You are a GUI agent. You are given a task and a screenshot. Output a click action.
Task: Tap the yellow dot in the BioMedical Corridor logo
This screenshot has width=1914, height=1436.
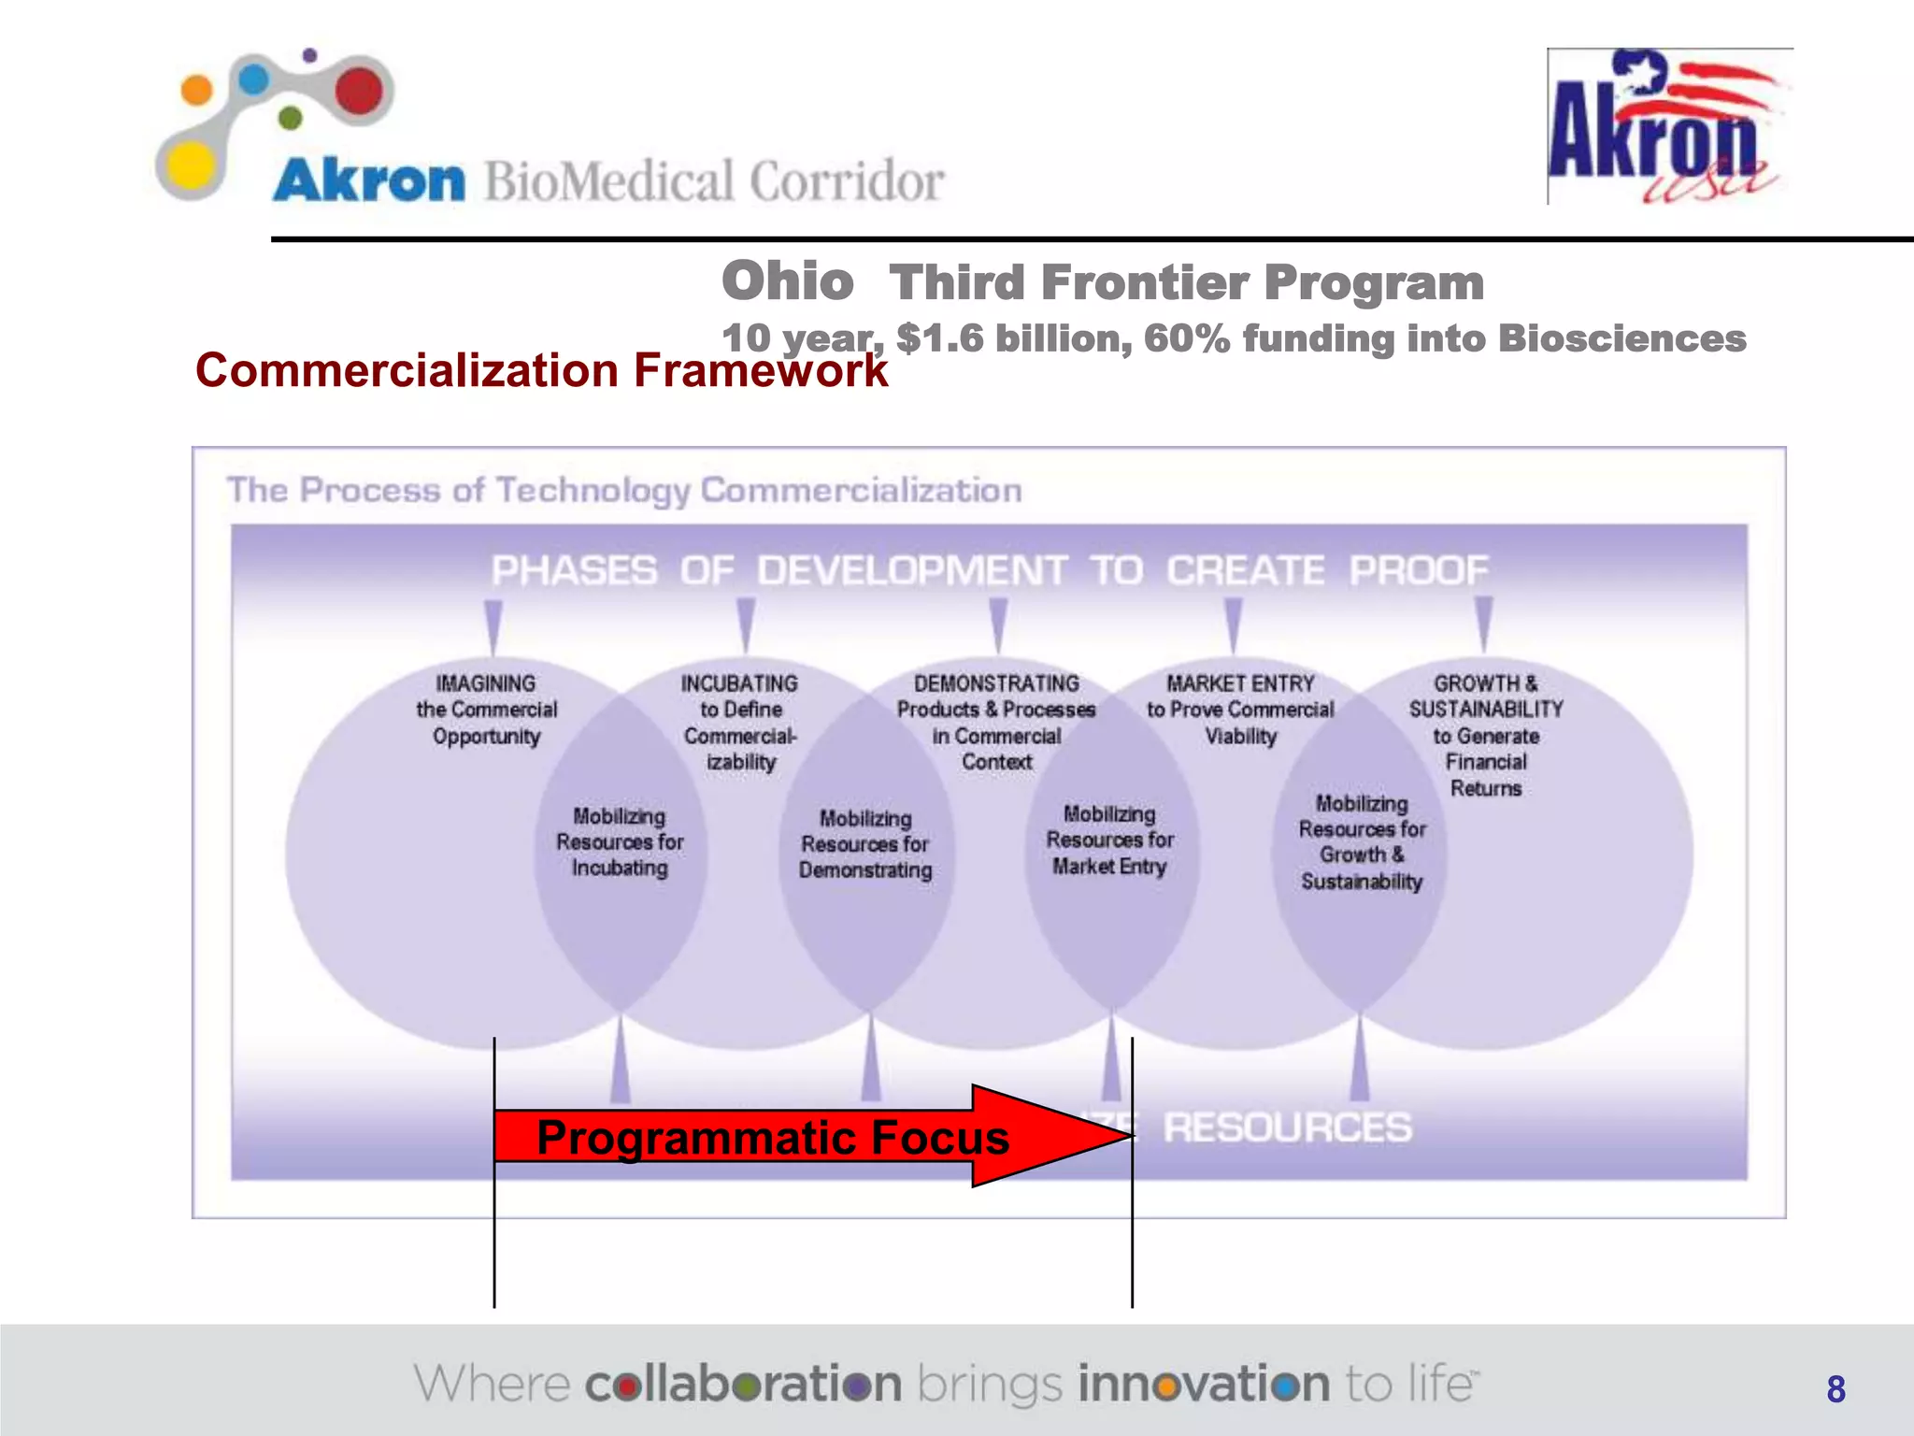tap(192, 168)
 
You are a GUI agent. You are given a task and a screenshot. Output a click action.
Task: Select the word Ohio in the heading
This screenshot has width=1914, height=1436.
tap(787, 281)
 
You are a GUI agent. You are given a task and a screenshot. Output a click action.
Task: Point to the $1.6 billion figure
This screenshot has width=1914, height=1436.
tap(1013, 338)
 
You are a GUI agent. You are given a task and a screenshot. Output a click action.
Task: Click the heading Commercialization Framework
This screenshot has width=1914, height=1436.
tap(540, 370)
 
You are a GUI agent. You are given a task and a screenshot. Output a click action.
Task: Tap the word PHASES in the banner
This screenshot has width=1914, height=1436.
tap(574, 570)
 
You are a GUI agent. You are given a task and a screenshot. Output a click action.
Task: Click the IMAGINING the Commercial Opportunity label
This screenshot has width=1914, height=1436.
tap(486, 710)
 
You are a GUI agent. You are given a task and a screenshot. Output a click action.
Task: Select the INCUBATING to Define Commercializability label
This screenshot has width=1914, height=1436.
tap(739, 722)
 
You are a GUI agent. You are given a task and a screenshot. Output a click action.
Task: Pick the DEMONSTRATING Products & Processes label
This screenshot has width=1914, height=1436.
tap(996, 722)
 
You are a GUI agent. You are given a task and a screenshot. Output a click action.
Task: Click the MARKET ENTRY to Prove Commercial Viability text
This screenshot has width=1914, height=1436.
tap(1240, 710)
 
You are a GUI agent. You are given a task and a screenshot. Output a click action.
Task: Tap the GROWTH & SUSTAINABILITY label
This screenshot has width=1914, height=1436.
tap(1486, 735)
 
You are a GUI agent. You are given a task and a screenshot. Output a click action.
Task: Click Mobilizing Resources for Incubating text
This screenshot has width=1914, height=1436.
tap(620, 842)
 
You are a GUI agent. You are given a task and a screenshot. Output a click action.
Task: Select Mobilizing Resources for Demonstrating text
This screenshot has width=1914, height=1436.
tap(865, 844)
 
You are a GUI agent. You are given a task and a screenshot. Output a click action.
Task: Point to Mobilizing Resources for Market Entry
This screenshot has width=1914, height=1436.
tap(1109, 840)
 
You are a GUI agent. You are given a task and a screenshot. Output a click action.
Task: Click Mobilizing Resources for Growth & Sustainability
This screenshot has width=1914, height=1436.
tap(1362, 842)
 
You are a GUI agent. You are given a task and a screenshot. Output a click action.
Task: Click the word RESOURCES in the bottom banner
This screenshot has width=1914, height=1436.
tap(1287, 1127)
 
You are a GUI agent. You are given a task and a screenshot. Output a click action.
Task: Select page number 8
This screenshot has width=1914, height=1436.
tap(1835, 1389)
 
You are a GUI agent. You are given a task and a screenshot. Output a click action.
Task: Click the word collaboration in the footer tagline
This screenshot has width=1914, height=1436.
tap(743, 1384)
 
